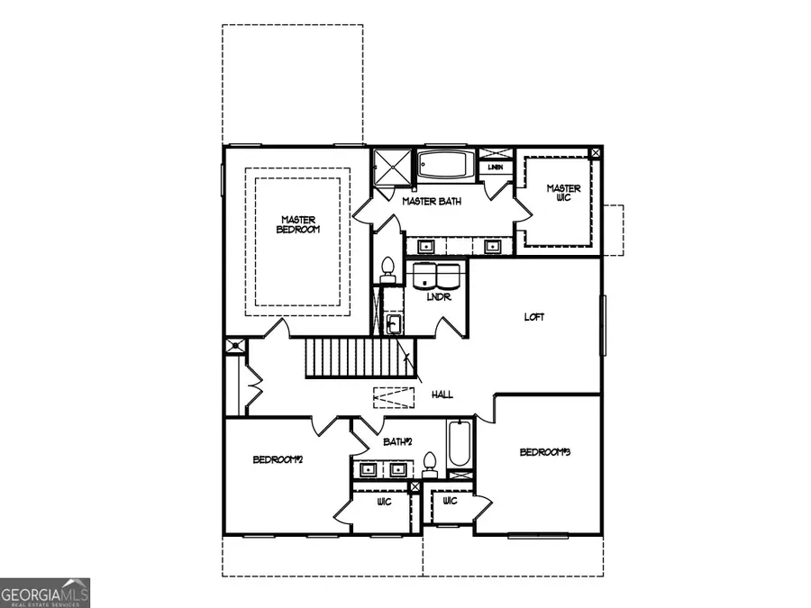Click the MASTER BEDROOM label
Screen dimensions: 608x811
coord(298,224)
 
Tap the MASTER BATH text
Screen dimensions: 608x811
coord(432,202)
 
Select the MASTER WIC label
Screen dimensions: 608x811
coord(563,194)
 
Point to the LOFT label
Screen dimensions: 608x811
coord(534,317)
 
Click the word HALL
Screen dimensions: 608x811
coord(442,395)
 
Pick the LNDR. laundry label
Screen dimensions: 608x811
coord(439,297)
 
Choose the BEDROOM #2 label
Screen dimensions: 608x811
coord(278,460)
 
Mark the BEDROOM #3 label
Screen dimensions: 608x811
coord(545,451)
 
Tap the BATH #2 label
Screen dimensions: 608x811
coord(397,441)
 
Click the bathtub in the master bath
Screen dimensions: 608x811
coord(445,166)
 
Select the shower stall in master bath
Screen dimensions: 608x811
coord(390,168)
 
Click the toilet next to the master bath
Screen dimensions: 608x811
coord(387,268)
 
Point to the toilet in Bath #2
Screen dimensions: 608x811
coord(430,463)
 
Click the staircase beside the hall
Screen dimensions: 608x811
coord(358,358)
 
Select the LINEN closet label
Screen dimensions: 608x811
coord(495,168)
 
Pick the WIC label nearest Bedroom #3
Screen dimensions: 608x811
coord(450,501)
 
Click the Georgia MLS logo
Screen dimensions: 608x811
coord(45,593)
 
